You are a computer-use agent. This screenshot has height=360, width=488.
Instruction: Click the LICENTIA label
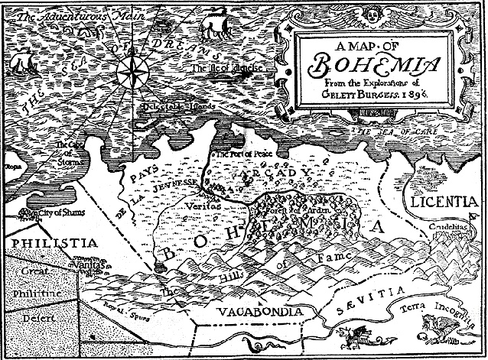[451, 203]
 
